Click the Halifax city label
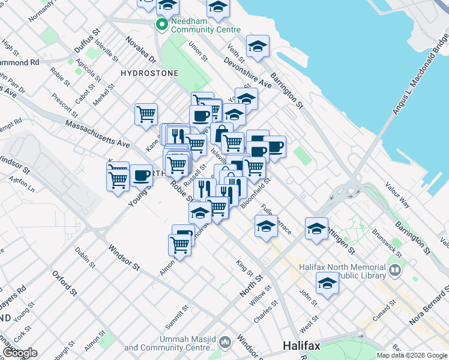point(301,346)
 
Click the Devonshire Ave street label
point(247,73)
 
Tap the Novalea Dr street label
point(140,52)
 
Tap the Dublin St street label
point(85,257)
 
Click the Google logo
point(19,353)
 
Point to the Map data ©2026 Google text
point(412,355)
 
